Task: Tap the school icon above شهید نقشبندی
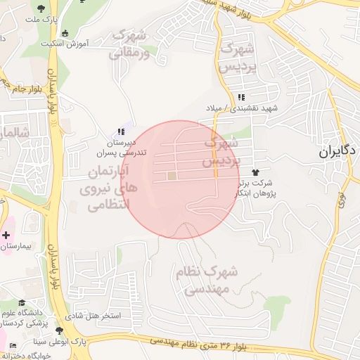tap(242, 97)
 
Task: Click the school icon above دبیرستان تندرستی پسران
tap(120, 131)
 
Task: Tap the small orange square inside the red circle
tap(172, 175)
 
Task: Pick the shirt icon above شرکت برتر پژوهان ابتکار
tap(255, 172)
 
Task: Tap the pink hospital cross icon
tap(7, 234)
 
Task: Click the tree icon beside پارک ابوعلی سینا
tap(58, 330)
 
